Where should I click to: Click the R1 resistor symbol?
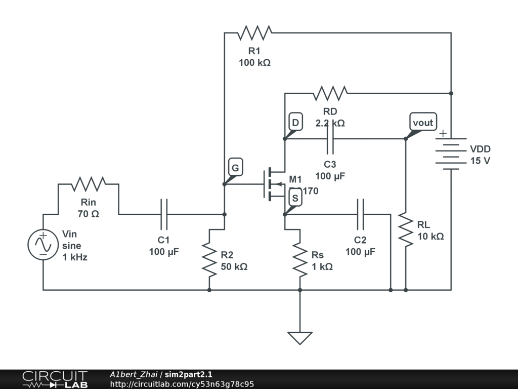tap(254, 33)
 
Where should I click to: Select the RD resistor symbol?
tap(330, 93)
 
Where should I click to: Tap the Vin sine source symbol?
tap(43, 245)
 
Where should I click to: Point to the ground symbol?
tap(300, 337)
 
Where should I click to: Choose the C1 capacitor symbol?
tap(164, 214)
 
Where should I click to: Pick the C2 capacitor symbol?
tap(361, 214)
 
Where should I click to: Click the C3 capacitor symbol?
tap(330, 138)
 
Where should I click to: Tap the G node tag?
tap(235, 168)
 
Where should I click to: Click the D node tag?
tap(295, 123)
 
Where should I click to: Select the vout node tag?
tap(423, 123)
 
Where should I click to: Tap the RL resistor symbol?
tap(406, 229)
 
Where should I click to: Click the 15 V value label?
tap(480, 161)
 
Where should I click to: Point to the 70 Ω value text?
tap(89, 214)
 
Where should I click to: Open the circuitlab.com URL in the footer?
tap(182, 384)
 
